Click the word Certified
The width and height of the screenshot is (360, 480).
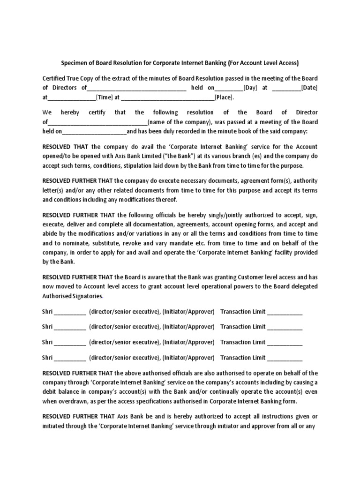click(x=55, y=78)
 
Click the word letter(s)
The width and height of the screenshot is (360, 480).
click(x=53, y=190)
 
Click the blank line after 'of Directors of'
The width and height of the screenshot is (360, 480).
click(x=136, y=88)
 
